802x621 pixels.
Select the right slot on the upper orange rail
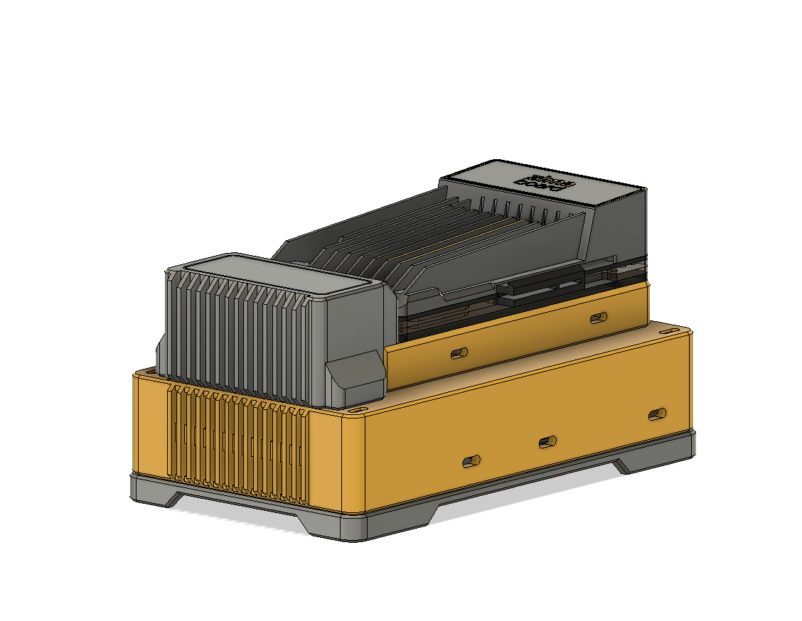pyautogui.click(x=599, y=318)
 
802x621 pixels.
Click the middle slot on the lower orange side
pyautogui.click(x=547, y=442)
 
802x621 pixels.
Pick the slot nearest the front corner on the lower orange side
pyautogui.click(x=471, y=462)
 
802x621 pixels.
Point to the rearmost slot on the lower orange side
pyautogui.click(x=658, y=414)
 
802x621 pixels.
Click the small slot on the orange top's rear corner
pyautogui.click(x=668, y=332)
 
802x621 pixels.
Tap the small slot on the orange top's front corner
pyautogui.click(x=353, y=410)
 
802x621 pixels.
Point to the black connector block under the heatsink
pyautogui.click(x=540, y=288)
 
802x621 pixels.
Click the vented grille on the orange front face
pyautogui.click(x=238, y=448)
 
